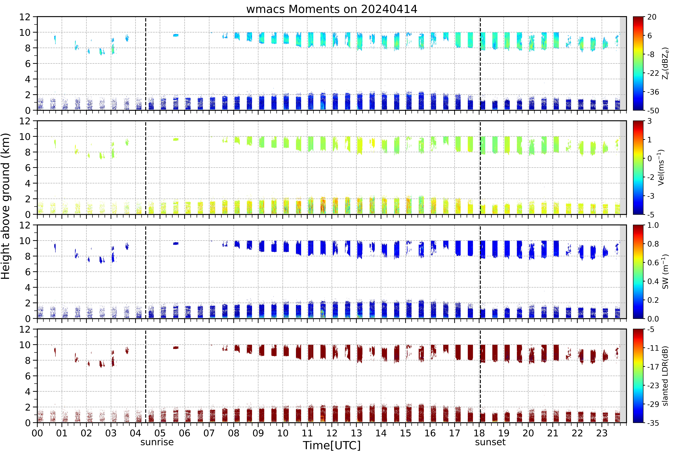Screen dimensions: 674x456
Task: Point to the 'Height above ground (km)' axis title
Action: (x=6, y=206)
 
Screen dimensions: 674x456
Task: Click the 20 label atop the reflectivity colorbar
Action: (x=652, y=17)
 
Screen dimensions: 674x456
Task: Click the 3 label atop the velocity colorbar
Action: (x=650, y=121)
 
